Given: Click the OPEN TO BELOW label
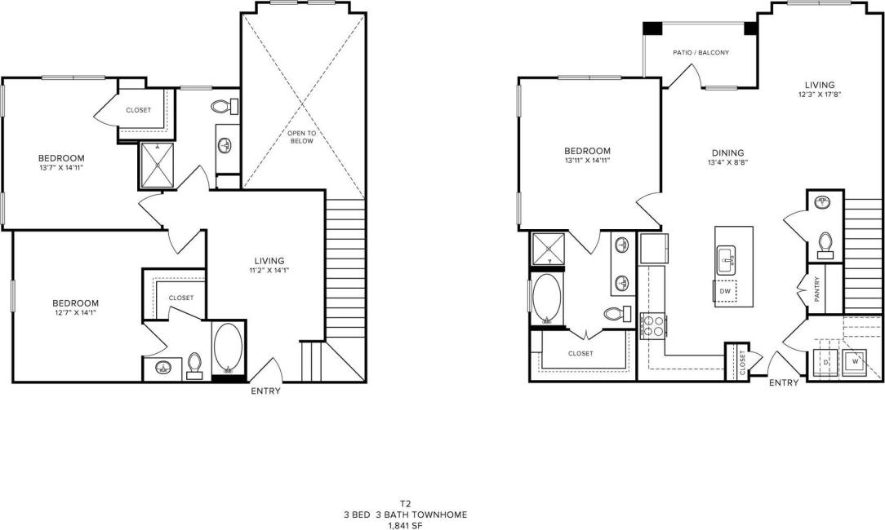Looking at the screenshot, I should pos(301,136).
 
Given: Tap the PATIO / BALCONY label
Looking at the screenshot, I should pos(700,52).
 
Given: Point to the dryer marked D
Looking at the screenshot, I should pos(825,360).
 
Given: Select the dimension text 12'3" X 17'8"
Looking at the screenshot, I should pos(819,95).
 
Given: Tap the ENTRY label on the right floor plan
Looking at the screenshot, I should pos(784,382).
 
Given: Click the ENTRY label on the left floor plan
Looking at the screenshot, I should pos(266,391).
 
